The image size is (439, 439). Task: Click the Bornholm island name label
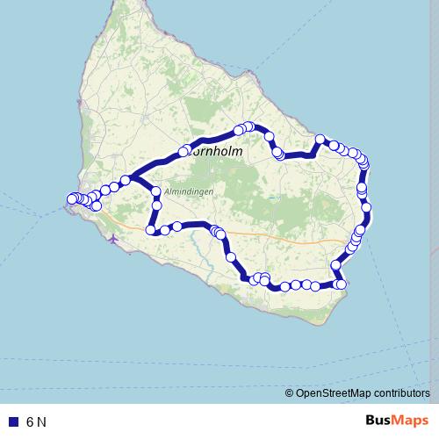[x=215, y=151]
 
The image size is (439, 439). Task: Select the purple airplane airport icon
[x=112, y=237]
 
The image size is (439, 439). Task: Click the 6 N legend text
[x=36, y=421]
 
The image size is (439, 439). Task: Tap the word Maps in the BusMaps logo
[x=411, y=421]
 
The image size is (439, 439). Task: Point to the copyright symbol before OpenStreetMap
[x=289, y=393]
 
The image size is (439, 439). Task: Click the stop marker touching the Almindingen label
[x=156, y=191]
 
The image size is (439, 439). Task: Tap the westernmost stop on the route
[x=72, y=199]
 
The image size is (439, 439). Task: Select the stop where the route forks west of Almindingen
[x=126, y=180]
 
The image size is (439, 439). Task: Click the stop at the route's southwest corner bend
[x=151, y=230]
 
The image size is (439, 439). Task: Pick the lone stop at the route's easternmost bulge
[x=367, y=207]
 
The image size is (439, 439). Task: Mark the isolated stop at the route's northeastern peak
[x=321, y=139]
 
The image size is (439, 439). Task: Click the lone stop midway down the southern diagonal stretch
[x=231, y=257]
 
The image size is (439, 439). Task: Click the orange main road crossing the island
[x=290, y=237]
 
